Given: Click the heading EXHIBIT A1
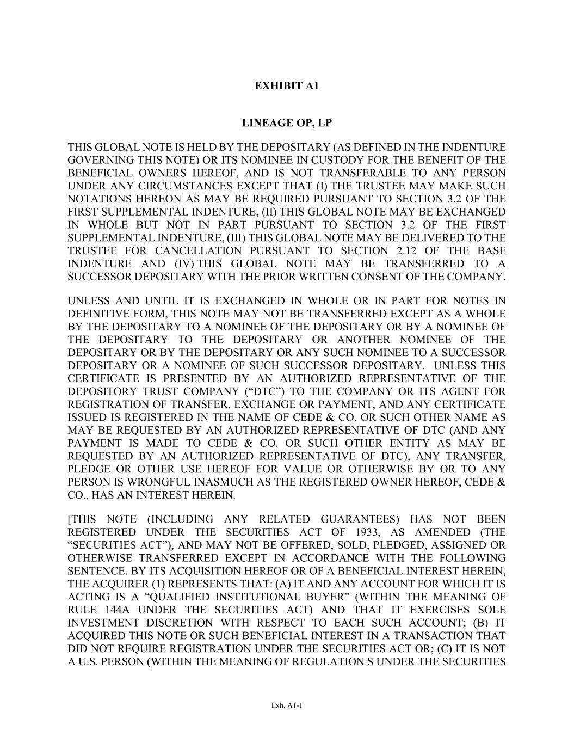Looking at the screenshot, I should (287, 86).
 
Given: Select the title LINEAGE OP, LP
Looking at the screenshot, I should (287, 123).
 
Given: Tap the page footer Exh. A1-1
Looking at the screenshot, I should (287, 705).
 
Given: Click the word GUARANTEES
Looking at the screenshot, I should (360, 519).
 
